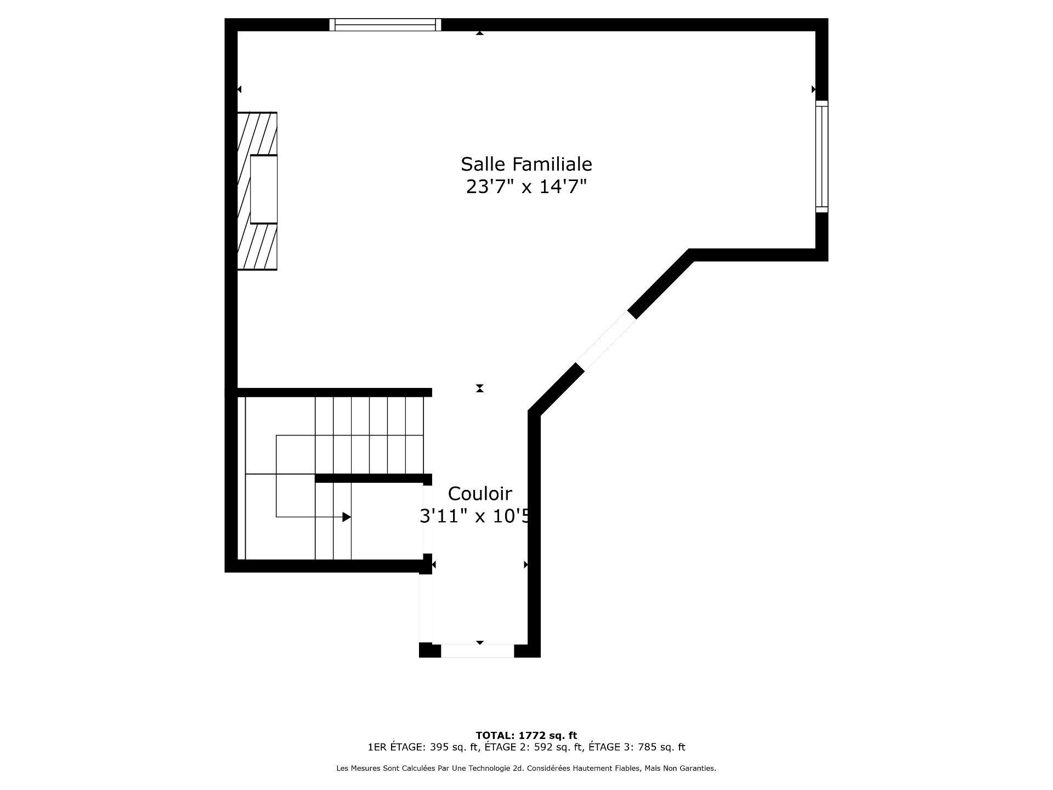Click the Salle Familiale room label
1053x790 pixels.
click(526, 164)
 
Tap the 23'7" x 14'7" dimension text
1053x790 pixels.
click(526, 187)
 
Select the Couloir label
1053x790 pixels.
click(480, 494)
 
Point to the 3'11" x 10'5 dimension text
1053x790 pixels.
click(475, 516)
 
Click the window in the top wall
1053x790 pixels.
click(386, 25)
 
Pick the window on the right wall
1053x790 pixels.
click(822, 156)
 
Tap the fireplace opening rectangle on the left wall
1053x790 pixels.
click(264, 189)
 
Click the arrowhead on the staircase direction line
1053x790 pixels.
click(347, 517)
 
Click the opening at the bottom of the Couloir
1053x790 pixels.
click(477, 651)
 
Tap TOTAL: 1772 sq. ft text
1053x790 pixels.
click(526, 736)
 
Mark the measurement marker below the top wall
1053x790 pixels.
click(480, 33)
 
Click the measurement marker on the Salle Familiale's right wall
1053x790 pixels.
click(813, 89)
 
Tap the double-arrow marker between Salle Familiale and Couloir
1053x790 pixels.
click(480, 388)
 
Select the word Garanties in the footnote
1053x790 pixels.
click(698, 769)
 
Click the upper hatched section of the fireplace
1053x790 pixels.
click(257, 134)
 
